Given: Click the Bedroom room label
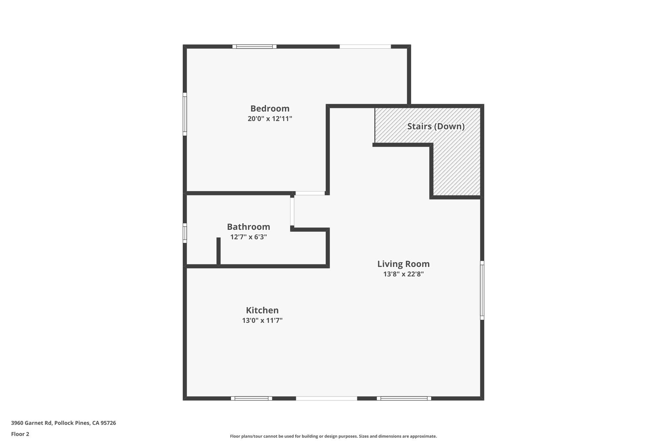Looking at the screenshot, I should [270, 109].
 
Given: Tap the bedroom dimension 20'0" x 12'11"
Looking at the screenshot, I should [270, 119].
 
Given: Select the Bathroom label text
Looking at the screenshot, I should [248, 227].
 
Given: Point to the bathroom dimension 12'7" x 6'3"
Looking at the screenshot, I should [248, 237].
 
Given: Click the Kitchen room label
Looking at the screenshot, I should [262, 310].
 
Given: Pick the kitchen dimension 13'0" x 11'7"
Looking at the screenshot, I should [262, 320].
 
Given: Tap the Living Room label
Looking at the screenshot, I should [403, 264].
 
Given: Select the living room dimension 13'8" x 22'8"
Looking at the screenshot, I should [403, 274].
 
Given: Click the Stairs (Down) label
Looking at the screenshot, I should [436, 126].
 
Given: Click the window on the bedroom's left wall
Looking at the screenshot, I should [185, 114].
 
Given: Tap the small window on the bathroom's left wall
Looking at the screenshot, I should [185, 233].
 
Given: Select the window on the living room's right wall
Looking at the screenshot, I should [482, 290].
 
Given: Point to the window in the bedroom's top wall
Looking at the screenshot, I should [254, 47].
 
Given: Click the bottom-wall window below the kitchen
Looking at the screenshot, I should [251, 398].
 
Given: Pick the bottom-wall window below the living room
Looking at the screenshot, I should [404, 398].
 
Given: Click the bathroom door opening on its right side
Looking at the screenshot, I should [292, 212].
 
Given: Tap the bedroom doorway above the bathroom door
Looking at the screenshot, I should [310, 193].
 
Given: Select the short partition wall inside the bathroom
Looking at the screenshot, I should [219, 251].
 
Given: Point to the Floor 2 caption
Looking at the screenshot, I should [20, 434].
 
